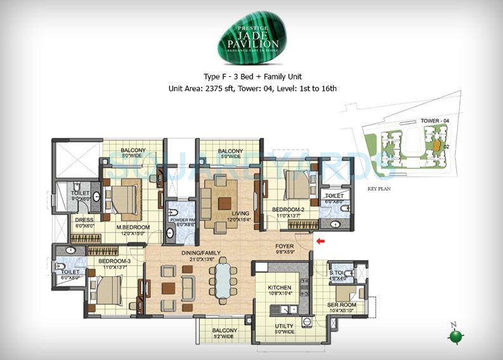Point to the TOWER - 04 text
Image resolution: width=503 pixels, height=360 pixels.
click(417, 121)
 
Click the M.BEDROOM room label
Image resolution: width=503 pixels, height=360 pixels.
click(133, 227)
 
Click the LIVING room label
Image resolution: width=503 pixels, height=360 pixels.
click(223, 214)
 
